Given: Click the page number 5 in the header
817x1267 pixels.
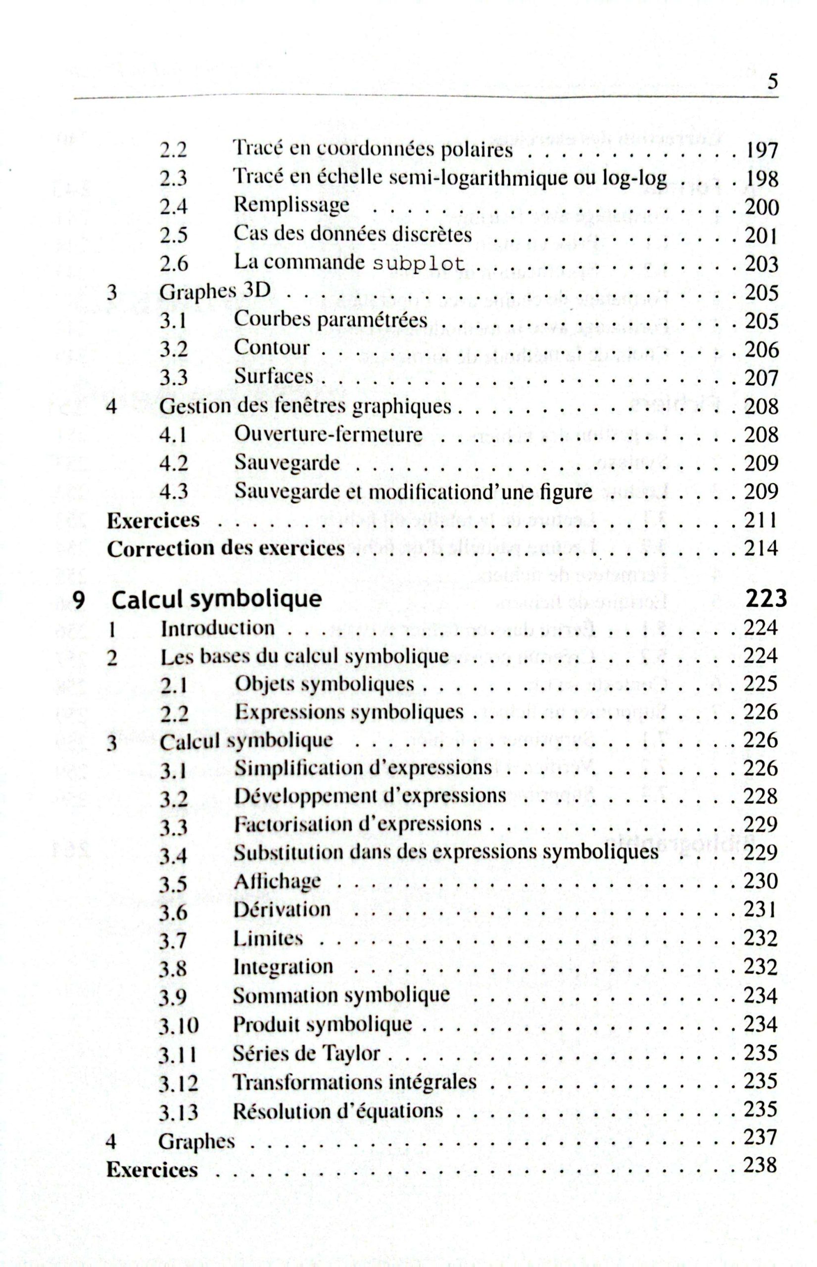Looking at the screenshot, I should [x=772, y=83].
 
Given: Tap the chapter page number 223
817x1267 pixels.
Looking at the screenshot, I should [x=766, y=598].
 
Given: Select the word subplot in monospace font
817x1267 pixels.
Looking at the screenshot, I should [x=419, y=264].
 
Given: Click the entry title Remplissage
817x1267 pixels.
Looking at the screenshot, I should [x=292, y=205].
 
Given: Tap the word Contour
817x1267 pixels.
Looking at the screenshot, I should [x=272, y=348].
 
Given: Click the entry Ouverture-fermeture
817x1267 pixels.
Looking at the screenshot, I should [x=329, y=435].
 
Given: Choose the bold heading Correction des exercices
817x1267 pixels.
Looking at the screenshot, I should [x=226, y=548].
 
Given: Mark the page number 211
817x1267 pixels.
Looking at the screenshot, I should [x=762, y=520].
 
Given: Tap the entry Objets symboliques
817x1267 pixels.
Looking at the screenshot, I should [x=324, y=684].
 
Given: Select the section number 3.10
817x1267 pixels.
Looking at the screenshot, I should [x=179, y=1025].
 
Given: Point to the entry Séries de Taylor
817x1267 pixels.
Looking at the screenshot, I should [x=307, y=1053].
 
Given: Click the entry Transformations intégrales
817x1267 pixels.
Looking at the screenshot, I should [x=355, y=1081].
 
